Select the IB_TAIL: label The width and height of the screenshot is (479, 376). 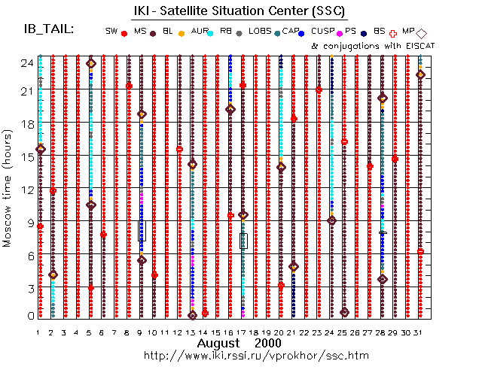click(49, 29)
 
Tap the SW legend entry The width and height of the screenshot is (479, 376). click(111, 32)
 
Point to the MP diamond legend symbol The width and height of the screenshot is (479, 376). click(422, 33)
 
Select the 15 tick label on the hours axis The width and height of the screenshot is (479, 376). click(25, 156)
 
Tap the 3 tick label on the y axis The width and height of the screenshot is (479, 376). click(28, 288)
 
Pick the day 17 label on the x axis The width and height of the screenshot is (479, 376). click(243, 332)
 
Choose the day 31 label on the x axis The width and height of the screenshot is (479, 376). click(420, 332)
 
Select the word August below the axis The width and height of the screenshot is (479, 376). click(218, 343)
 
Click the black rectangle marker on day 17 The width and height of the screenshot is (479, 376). click(243, 240)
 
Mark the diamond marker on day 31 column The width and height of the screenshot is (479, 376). click(421, 74)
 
